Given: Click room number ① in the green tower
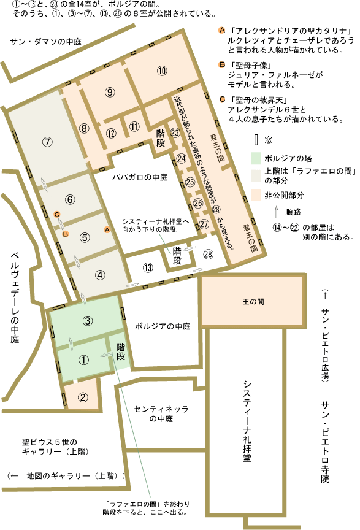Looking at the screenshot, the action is pyautogui.click(x=85, y=360).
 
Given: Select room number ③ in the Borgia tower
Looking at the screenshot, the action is pyautogui.click(x=88, y=320).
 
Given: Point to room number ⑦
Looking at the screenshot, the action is pyautogui.click(x=47, y=141).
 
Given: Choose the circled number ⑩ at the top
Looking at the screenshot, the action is pyautogui.click(x=162, y=71).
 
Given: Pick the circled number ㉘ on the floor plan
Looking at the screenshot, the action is pyautogui.click(x=208, y=254).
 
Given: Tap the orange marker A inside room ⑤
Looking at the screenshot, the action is pyautogui.click(x=107, y=229).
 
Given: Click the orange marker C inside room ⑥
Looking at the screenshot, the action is pyautogui.click(x=56, y=214).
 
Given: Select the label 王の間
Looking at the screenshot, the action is pyautogui.click(x=252, y=303).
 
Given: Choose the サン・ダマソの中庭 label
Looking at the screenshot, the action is pyautogui.click(x=46, y=41).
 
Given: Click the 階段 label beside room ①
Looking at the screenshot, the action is pyautogui.click(x=121, y=351).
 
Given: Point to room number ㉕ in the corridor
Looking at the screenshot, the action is pyautogui.click(x=190, y=182).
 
